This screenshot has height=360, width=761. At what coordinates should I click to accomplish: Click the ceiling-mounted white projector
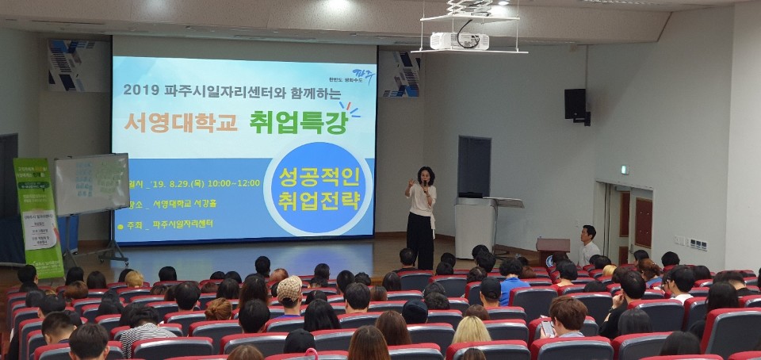[x=459, y=40]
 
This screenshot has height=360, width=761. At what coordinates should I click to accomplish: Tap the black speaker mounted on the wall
[x=576, y=104]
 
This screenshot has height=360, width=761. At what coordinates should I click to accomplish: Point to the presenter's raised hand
[x=410, y=183]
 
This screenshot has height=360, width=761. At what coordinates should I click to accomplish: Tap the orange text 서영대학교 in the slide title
[x=180, y=123]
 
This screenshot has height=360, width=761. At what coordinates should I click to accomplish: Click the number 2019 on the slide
[x=142, y=90]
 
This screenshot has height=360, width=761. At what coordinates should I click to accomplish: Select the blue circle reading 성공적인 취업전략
[x=317, y=189]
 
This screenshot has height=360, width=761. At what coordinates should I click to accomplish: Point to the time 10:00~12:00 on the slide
[x=231, y=182]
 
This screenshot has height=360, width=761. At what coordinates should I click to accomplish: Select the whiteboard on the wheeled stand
[x=92, y=184]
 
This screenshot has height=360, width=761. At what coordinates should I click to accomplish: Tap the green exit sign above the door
[x=625, y=169]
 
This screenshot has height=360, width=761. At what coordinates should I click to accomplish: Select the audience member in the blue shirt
[x=511, y=281]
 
